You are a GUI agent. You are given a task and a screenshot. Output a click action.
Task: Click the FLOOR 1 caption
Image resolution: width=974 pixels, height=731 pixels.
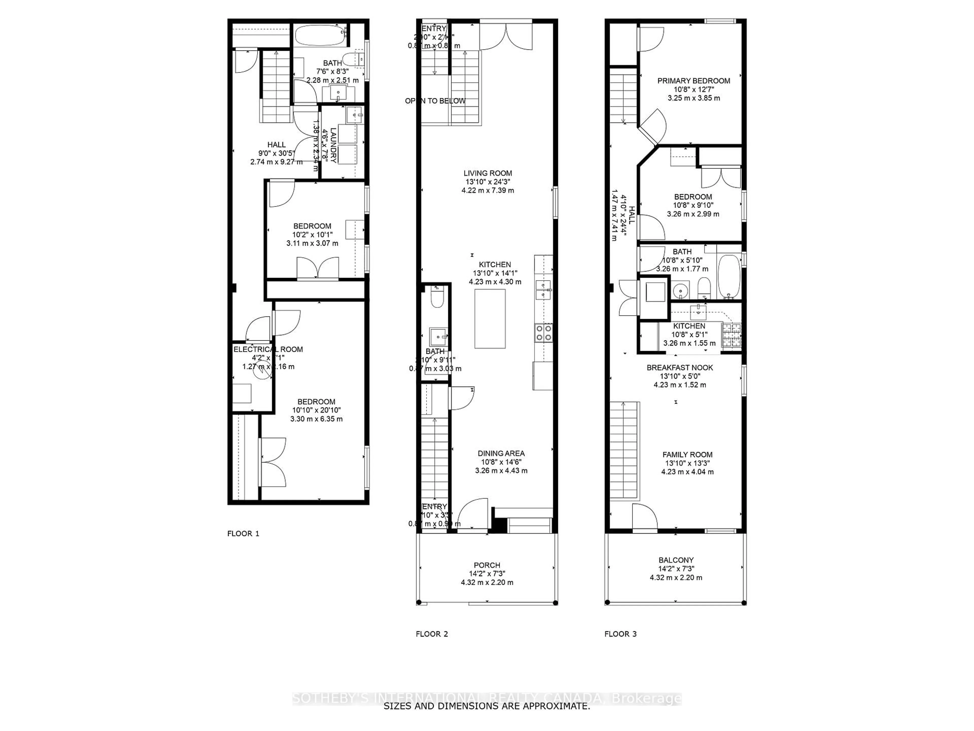pyautogui.click(x=243, y=534)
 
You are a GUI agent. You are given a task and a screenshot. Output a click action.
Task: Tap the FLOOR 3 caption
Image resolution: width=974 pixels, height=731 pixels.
pyautogui.click(x=620, y=634)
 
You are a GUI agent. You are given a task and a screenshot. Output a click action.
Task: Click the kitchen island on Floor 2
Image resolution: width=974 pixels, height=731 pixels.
pyautogui.click(x=490, y=319)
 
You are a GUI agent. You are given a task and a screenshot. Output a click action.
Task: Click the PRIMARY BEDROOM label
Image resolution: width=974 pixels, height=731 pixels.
pyautogui.click(x=693, y=81)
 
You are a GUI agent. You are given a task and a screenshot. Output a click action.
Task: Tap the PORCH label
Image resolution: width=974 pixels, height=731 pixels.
pyautogui.click(x=487, y=565)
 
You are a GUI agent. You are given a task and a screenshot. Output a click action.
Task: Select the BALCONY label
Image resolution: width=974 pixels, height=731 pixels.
pyautogui.click(x=676, y=560)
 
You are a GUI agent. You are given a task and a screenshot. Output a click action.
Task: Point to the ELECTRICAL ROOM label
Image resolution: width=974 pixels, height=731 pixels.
pyautogui.click(x=268, y=350)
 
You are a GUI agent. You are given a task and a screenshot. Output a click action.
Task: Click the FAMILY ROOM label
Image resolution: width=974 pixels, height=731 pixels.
pyautogui.click(x=687, y=455)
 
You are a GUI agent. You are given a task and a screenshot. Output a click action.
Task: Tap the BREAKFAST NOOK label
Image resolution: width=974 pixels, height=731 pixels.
pyautogui.click(x=680, y=368)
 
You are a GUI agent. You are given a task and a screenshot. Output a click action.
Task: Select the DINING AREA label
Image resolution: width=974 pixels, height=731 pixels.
pyautogui.click(x=501, y=453)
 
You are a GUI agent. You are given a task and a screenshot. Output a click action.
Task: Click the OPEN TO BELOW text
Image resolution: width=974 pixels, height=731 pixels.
pyautogui.click(x=435, y=101)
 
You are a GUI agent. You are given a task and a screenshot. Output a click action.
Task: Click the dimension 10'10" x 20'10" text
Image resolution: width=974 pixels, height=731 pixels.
pyautogui.click(x=316, y=410)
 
